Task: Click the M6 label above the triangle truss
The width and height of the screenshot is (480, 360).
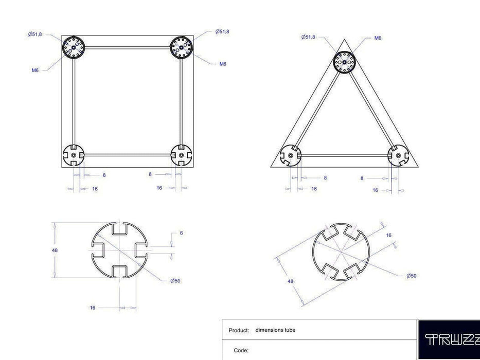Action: coord(378,38)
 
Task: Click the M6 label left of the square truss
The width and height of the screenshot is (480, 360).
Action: coord(35,70)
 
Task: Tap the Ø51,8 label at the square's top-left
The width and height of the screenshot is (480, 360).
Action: coord(35,34)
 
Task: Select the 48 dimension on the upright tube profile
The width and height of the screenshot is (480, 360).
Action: coord(55,250)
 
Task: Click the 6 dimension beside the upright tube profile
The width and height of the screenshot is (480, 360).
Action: coord(181,233)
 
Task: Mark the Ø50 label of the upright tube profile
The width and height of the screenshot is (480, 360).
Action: coord(176,281)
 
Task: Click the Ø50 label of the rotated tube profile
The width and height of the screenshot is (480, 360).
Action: coord(411,276)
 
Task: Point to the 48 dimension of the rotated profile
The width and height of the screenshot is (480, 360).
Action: coord(291,281)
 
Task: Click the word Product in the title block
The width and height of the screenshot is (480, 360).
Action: coord(239,331)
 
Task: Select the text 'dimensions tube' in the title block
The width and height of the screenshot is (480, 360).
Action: coord(275,330)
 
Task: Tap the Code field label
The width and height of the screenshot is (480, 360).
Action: coord(241,350)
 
